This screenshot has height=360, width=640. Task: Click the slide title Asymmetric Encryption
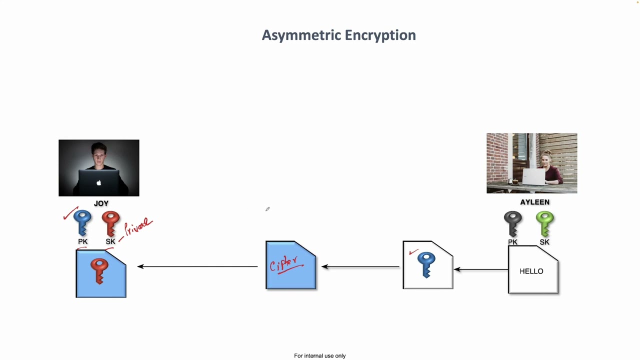(338, 35)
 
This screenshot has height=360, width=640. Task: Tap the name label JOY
(101, 203)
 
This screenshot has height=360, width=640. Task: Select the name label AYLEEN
(534, 202)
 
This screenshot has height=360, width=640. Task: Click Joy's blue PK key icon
(82, 222)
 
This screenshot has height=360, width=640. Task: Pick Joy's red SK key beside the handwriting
(110, 222)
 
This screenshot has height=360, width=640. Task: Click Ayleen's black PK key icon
(512, 223)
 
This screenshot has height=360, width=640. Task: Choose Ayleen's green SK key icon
(544, 223)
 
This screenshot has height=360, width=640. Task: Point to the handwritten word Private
(138, 226)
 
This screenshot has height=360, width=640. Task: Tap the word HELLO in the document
(531, 271)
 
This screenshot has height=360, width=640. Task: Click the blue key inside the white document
(426, 264)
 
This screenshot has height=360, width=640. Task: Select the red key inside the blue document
(99, 270)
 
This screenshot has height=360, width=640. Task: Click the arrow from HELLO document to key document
(480, 269)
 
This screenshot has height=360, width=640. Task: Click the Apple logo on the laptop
(99, 183)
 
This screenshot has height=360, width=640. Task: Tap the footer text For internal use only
(319, 356)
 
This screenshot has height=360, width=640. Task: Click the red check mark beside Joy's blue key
(70, 213)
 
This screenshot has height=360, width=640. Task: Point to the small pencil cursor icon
(267, 209)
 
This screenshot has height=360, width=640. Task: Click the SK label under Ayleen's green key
(544, 242)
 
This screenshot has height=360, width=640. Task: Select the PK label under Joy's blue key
(82, 241)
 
